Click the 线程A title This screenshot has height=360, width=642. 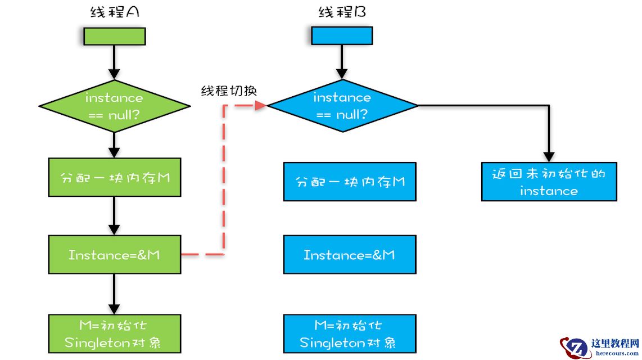115,12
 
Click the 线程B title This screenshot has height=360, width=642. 342,12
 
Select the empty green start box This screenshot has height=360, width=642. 115,36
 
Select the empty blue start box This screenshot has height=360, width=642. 342,36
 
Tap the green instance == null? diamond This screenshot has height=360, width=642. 115,106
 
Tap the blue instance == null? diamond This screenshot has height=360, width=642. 342,106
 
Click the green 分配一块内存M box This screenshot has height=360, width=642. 115,177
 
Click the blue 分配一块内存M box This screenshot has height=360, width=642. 350,182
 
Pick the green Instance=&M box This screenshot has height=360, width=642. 115,255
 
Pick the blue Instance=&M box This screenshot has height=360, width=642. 350,255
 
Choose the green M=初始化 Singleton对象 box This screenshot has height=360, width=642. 115,334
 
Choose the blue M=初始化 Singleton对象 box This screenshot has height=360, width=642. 350,334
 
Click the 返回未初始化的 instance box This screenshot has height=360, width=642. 549,182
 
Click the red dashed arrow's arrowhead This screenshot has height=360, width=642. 261,105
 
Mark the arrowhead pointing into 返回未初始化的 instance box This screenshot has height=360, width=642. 549,157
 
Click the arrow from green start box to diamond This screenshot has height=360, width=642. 114,62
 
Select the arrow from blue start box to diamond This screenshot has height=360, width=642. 342,62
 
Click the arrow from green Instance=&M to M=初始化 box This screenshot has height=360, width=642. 114,294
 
